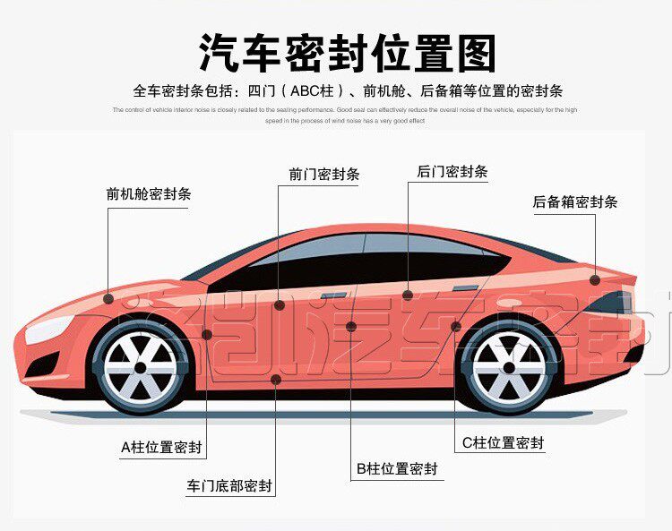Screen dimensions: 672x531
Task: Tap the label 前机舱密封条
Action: [x=148, y=193]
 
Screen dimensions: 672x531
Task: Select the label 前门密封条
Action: [x=323, y=175]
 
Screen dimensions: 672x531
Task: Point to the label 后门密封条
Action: [x=452, y=171]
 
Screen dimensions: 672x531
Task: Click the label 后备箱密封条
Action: [x=575, y=202]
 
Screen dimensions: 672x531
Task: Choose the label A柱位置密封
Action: [x=162, y=446]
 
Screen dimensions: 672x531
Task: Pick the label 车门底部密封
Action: [x=229, y=487]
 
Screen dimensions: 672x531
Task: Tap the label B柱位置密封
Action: [x=397, y=468]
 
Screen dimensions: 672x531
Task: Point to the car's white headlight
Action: [x=45, y=330]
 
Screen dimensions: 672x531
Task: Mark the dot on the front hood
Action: [x=108, y=296]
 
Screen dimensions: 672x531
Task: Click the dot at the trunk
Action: [x=595, y=279]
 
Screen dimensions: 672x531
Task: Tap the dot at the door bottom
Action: [x=276, y=380]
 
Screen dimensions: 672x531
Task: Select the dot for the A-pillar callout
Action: [x=207, y=334]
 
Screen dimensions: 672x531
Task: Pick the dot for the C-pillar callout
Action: [x=455, y=326]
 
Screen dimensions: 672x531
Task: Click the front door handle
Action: [x=333, y=295]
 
